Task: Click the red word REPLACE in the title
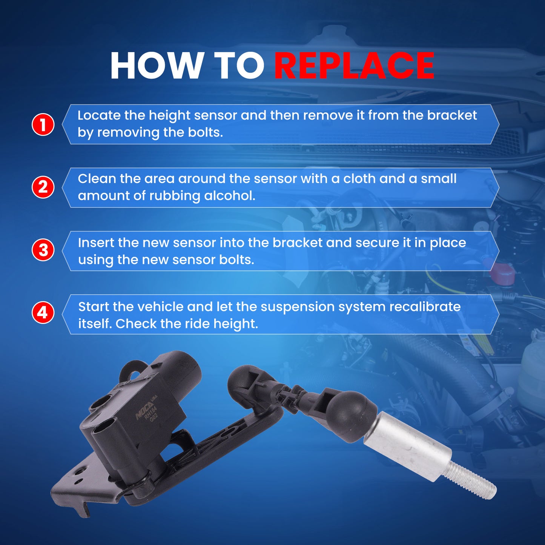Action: point(354,66)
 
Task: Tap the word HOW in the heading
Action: point(155,66)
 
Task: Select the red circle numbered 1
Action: point(43,124)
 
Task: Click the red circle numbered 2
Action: point(43,187)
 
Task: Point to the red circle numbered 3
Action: point(43,250)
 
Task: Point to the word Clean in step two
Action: point(97,179)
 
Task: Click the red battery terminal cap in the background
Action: point(500,274)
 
